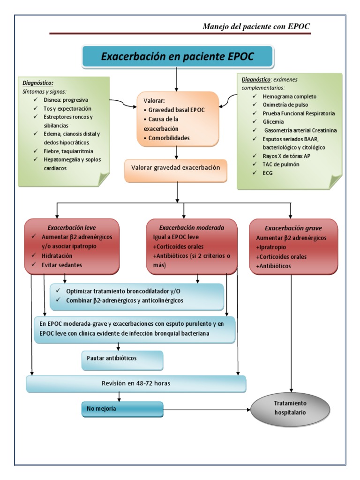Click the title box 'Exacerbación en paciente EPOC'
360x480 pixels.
click(177, 57)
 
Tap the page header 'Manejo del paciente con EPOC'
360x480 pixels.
click(256, 27)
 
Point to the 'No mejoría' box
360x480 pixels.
click(122, 409)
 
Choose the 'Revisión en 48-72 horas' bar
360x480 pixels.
click(136, 383)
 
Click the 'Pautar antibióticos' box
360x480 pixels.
click(122, 358)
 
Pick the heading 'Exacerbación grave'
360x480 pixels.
click(293, 228)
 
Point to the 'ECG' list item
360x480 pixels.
click(268, 172)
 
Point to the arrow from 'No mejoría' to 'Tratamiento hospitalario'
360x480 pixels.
click(206, 409)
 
